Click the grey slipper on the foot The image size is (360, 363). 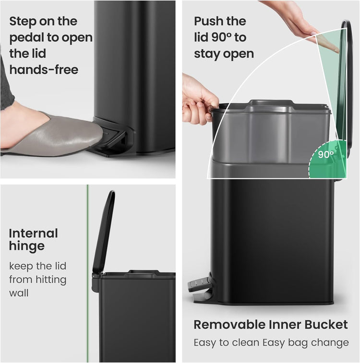click(58, 137)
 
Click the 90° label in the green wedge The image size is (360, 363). click(326, 154)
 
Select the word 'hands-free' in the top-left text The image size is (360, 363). click(44, 70)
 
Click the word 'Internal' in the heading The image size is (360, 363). click(34, 234)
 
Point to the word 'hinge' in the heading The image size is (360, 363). click(26, 246)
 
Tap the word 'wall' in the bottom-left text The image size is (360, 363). click(19, 293)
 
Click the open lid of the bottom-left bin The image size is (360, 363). click(104, 230)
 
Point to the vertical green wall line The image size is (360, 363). click(87, 273)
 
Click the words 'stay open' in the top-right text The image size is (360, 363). click(224, 54)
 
